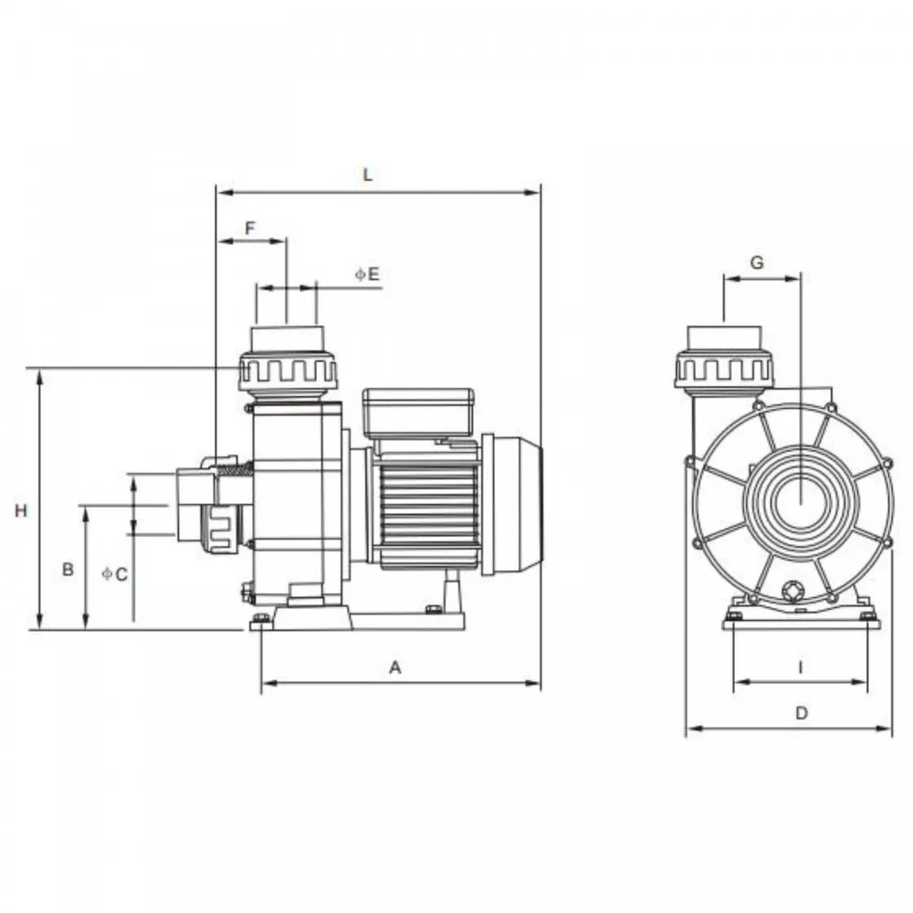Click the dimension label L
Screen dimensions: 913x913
click(367, 174)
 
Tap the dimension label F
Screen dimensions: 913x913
click(250, 227)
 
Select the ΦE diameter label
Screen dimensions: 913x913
click(367, 274)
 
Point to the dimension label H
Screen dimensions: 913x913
click(21, 510)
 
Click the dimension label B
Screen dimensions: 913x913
click(68, 569)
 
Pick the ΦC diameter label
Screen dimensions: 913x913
click(115, 574)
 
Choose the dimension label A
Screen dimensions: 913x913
click(395, 667)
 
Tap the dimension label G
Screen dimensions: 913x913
click(757, 263)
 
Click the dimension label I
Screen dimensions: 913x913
click(801, 667)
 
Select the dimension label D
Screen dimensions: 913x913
click(802, 713)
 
